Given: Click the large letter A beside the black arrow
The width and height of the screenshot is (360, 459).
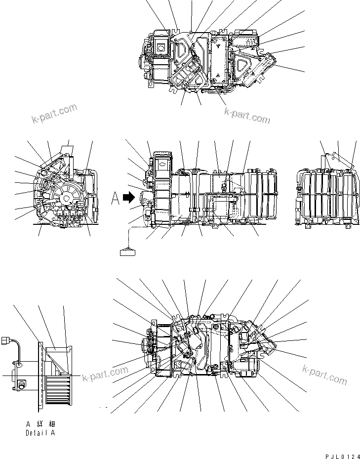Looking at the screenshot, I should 115,198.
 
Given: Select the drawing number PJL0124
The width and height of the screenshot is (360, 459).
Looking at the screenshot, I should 341,455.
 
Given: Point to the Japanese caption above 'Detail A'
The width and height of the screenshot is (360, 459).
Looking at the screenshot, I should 40,424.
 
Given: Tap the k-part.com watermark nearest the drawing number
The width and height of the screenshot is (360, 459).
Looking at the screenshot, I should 324,375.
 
